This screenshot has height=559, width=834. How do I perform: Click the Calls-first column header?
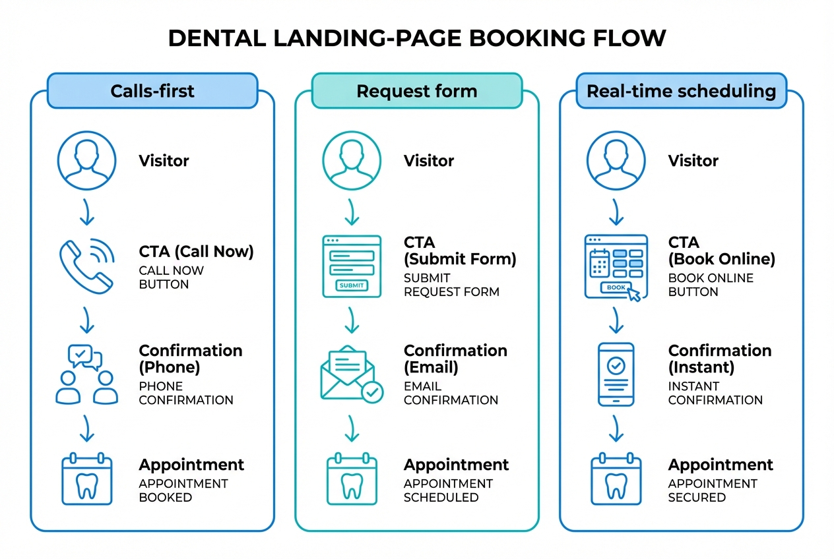(152, 90)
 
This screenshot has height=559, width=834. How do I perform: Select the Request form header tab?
(416, 90)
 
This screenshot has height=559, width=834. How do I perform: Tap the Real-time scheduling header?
(681, 90)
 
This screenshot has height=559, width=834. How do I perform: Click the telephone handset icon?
(86, 266)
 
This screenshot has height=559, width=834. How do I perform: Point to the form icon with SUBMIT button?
(351, 266)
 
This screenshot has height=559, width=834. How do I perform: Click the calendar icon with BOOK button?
(614, 268)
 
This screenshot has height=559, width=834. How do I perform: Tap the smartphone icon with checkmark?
(616, 374)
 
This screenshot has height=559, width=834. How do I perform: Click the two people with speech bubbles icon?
(86, 374)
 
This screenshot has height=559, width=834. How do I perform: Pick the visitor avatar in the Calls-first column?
(86, 160)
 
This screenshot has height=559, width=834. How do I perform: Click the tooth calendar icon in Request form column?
(351, 480)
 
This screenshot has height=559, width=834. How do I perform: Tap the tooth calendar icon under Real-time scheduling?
(616, 480)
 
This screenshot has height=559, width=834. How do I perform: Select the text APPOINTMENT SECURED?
(712, 490)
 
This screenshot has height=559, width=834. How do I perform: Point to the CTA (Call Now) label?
(196, 251)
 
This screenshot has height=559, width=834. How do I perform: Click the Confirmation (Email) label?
(455, 359)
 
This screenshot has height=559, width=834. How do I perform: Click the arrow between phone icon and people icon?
(86, 320)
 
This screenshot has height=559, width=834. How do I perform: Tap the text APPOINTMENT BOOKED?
(183, 490)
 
